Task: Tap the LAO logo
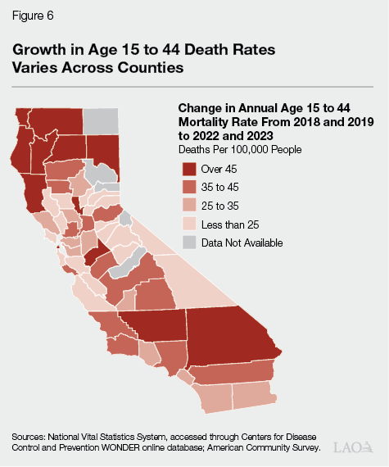point(353,447)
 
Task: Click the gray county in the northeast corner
point(101,120)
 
